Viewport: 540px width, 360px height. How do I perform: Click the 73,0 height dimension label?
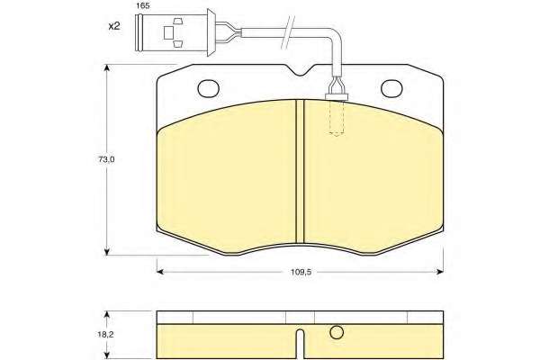pos(106,159)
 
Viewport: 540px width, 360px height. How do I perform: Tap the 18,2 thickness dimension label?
pos(104,334)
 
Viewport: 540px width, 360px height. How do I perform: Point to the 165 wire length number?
pos(142,6)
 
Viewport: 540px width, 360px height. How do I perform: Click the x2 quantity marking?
pos(114,26)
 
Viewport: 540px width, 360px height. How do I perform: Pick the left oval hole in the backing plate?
pos(209,88)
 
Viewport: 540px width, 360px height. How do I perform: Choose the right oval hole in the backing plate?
pos(391,88)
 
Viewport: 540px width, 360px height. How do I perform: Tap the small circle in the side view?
pos(337,332)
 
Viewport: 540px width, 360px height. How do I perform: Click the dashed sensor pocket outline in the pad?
pos(337,118)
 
